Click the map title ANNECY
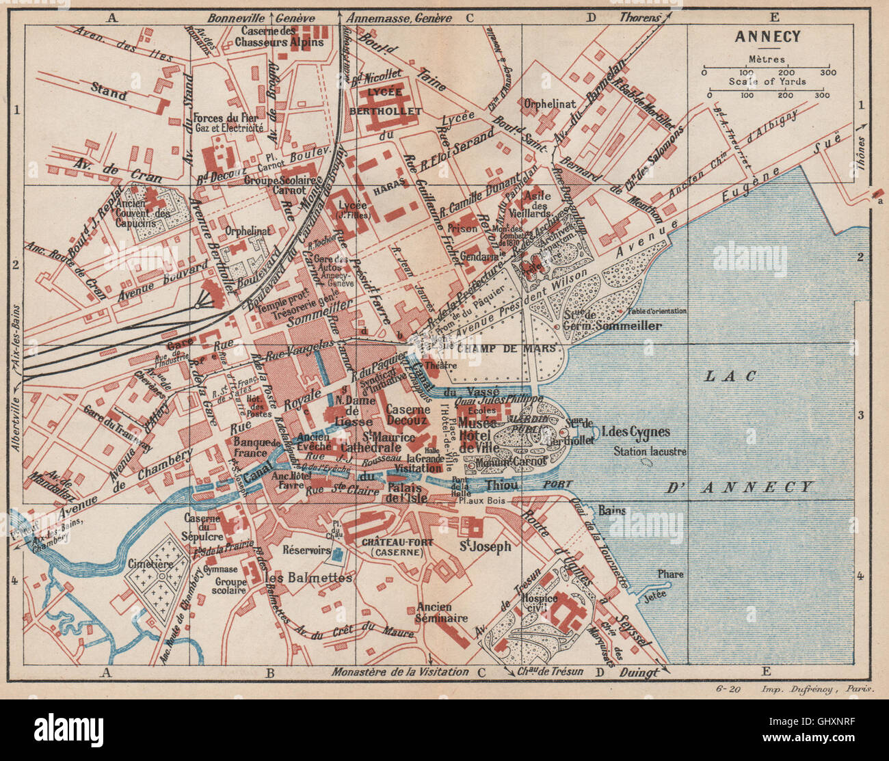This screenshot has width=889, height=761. tap(758, 37)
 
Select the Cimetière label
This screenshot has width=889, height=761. tap(149, 564)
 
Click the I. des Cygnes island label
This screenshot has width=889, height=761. tap(635, 432)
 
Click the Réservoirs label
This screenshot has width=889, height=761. tap(306, 550)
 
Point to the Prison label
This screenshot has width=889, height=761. tap(462, 230)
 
